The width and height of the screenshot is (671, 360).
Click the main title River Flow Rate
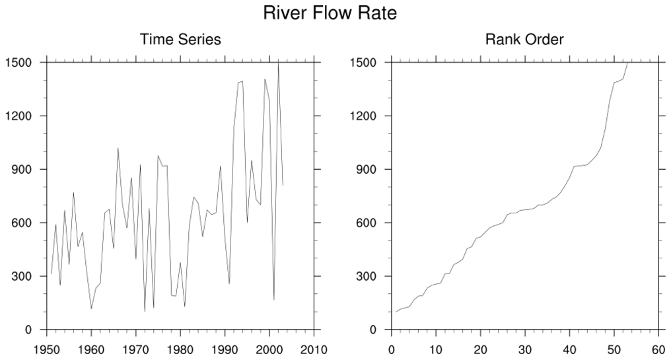[330, 13]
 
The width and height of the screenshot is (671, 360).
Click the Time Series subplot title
[180, 40]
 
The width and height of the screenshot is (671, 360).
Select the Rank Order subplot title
[524, 40]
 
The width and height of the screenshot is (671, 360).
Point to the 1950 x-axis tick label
[47, 349]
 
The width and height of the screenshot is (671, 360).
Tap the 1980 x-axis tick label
[180, 349]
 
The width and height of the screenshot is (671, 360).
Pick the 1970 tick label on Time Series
[136, 349]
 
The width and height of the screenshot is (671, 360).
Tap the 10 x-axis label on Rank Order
[436, 349]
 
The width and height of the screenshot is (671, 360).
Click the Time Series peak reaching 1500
[278, 63]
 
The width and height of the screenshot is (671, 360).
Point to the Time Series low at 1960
[91, 308]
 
